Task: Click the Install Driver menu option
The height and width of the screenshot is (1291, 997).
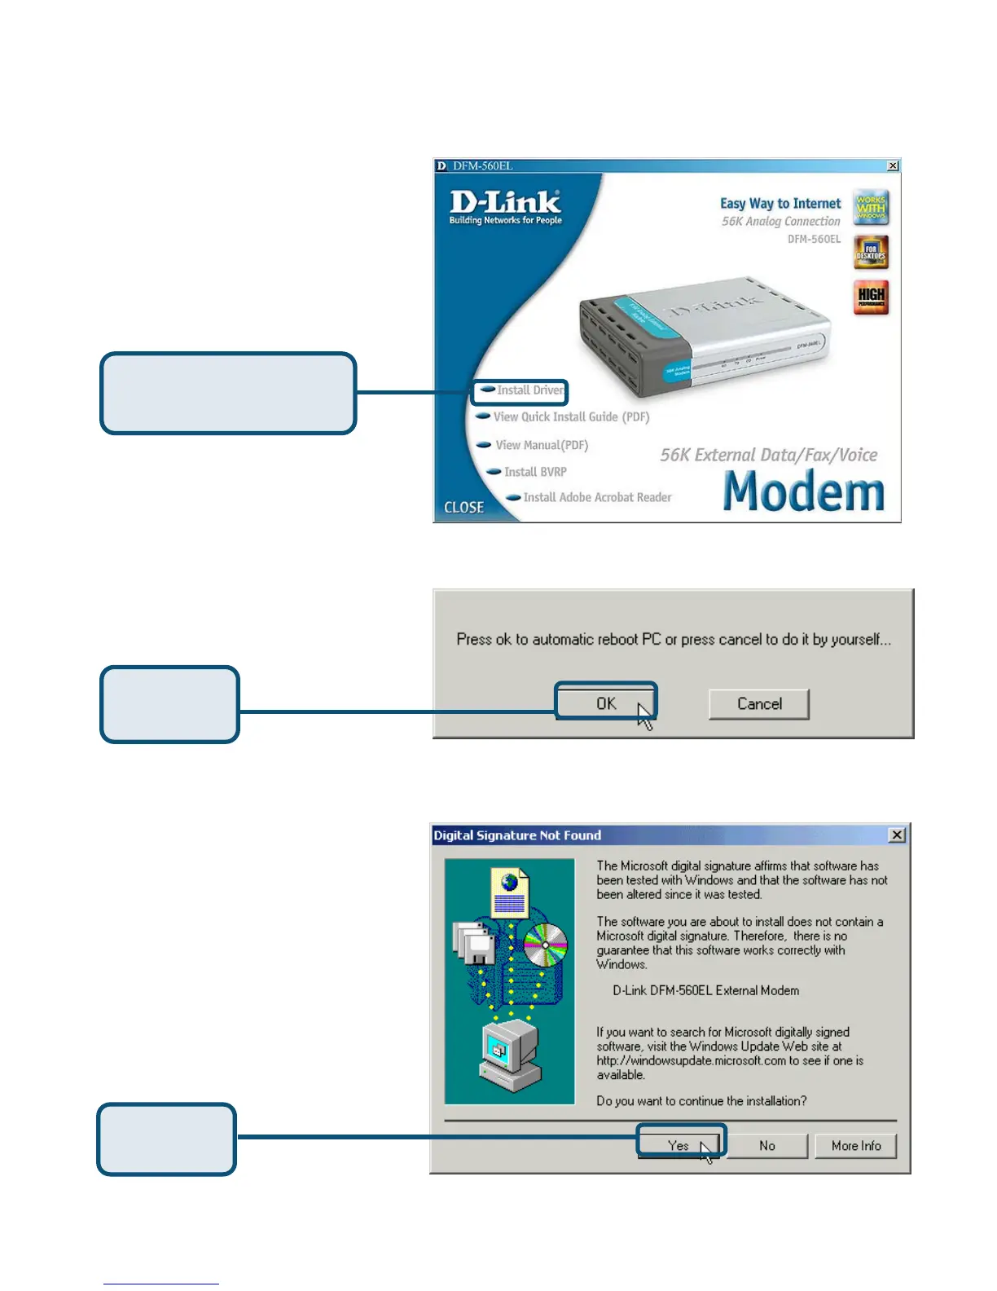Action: click(530, 390)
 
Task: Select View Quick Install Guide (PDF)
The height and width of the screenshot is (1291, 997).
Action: click(571, 417)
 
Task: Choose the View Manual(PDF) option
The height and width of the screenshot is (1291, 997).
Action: click(542, 445)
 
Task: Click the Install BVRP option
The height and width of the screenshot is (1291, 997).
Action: click(535, 472)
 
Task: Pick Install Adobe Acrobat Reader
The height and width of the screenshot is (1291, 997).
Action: click(597, 497)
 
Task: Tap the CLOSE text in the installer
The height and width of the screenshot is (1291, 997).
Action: click(463, 508)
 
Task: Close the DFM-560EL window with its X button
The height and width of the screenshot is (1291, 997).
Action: click(893, 165)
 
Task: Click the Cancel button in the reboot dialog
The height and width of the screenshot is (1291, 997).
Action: click(759, 704)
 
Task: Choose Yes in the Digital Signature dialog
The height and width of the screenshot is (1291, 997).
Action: click(679, 1145)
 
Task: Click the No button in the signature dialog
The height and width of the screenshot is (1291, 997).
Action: click(766, 1146)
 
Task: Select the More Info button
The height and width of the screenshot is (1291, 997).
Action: click(855, 1146)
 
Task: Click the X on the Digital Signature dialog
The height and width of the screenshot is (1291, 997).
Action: click(897, 835)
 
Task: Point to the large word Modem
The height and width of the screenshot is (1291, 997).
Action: click(803, 491)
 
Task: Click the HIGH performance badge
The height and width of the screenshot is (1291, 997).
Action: click(871, 297)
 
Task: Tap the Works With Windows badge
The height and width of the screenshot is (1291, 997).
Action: click(871, 208)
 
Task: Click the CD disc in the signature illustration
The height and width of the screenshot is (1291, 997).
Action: click(545, 945)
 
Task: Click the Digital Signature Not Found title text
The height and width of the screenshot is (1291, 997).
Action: click(517, 835)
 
